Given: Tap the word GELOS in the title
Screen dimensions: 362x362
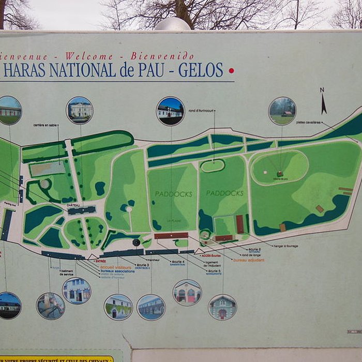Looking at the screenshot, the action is click(201, 70).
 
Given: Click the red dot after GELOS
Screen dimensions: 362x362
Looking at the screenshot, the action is click(231, 70).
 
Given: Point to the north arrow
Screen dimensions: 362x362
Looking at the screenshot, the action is click(323, 102).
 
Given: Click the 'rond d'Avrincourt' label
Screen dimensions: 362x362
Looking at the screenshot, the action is click(202, 111).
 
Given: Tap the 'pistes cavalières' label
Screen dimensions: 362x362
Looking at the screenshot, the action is click(308, 123).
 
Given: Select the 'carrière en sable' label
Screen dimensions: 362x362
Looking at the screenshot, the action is click(46, 125).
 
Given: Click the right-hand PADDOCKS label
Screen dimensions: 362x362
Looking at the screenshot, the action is click(224, 193).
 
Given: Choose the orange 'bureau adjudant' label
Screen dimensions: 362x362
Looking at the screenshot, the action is click(248, 260).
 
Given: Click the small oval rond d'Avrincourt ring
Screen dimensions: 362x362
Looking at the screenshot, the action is click(212, 166).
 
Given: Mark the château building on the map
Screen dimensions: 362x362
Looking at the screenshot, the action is click(82, 210).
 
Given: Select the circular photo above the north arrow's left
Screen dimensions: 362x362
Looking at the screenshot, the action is click(282, 111).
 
